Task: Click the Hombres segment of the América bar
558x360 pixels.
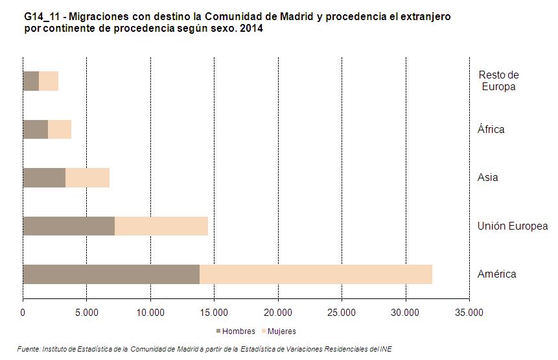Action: click(x=111, y=274)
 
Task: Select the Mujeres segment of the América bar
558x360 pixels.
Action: click(x=316, y=274)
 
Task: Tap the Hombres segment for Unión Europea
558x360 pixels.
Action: click(x=69, y=226)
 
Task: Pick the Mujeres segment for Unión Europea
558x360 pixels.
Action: click(x=161, y=226)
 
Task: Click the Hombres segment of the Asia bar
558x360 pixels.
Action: click(x=44, y=178)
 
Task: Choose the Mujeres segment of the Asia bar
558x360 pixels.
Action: click(x=87, y=178)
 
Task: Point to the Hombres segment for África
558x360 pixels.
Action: click(x=35, y=130)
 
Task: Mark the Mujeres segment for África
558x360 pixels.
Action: click(x=60, y=130)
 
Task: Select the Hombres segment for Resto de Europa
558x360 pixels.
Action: click(x=30, y=81)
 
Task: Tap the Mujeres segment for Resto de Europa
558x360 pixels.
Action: click(x=49, y=81)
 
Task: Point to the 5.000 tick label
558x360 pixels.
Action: click(x=86, y=313)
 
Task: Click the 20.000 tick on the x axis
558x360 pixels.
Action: click(x=278, y=313)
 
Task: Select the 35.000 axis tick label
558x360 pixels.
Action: click(x=469, y=313)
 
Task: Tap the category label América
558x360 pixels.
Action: click(x=497, y=274)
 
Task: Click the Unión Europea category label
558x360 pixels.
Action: click(x=513, y=226)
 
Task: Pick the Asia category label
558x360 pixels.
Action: click(x=488, y=178)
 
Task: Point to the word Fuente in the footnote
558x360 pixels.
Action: click(x=29, y=349)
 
